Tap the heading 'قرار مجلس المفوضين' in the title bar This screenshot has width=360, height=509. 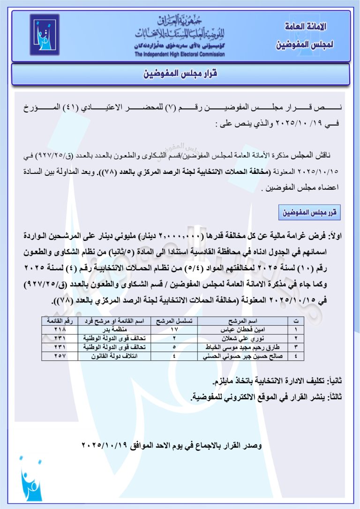(180, 74)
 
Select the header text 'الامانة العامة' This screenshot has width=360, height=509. (306, 27)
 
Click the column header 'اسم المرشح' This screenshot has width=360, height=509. (244, 321)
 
